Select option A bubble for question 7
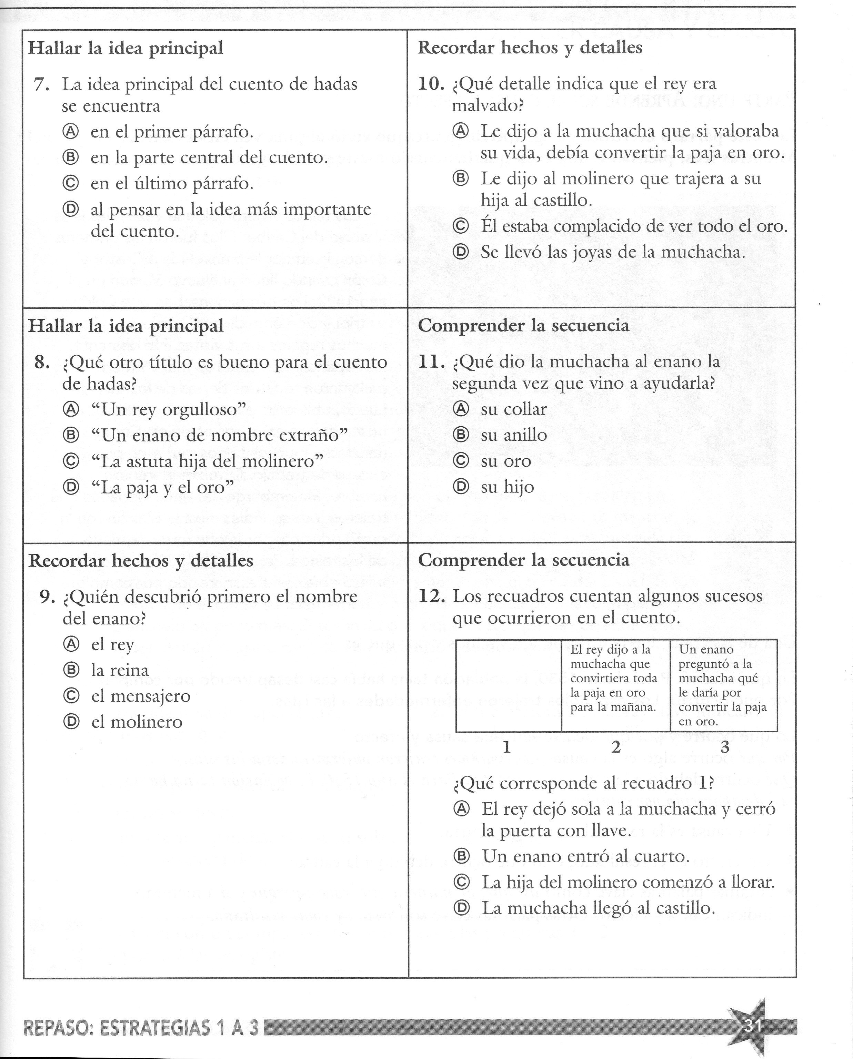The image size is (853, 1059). coord(71,132)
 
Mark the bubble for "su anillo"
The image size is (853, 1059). coord(460,435)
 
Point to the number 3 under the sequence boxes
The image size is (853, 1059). coord(724,747)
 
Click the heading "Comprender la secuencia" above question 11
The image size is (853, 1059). coord(523,326)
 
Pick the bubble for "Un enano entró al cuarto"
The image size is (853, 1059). coord(461,856)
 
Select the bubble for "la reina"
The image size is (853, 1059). coord(71,670)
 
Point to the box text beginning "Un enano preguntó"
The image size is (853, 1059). coord(722,685)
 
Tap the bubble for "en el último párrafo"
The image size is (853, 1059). coord(71,183)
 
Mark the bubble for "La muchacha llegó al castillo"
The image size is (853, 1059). coord(461,908)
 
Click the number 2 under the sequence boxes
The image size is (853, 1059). coord(616,747)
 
